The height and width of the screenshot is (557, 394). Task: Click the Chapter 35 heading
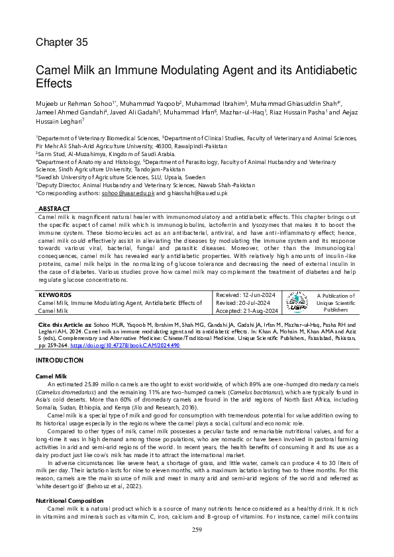click(62, 42)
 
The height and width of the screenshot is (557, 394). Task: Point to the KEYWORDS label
click(54, 294)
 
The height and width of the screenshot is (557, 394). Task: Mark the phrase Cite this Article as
click(63, 325)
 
